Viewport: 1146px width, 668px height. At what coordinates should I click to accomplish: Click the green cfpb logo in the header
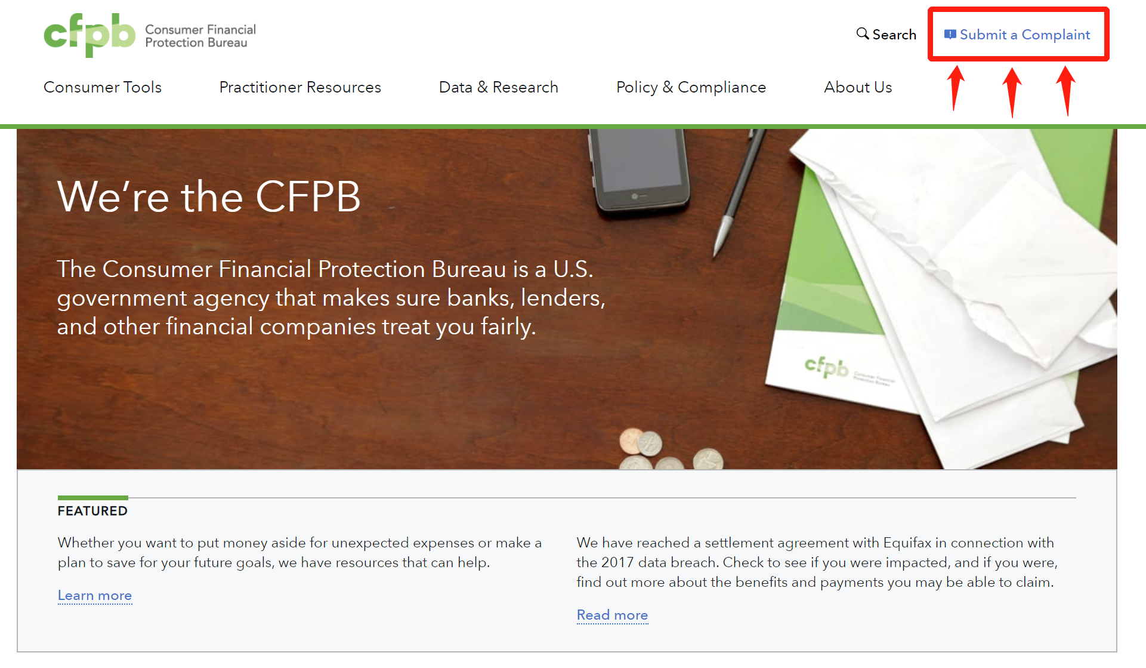[89, 35]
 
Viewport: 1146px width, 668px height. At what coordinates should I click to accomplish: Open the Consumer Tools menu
[103, 87]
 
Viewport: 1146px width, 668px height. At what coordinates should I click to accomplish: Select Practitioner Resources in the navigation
[300, 87]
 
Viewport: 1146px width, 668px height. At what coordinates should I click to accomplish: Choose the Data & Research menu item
[499, 87]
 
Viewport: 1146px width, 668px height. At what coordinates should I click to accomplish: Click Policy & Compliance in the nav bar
[691, 87]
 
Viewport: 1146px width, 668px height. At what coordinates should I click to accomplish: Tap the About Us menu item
[858, 87]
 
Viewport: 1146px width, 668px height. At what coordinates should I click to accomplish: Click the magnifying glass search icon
[863, 33]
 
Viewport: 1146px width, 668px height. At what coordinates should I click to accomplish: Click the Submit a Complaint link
[1025, 35]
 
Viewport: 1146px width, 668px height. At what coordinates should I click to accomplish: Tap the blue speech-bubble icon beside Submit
[950, 35]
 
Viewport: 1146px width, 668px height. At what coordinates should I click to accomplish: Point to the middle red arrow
[1012, 93]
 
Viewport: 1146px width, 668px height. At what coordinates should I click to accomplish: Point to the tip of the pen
[715, 258]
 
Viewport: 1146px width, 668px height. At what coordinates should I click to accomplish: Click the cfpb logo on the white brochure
[826, 366]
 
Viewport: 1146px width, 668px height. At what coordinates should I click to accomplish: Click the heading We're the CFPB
[209, 196]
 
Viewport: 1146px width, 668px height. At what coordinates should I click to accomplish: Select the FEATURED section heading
[92, 511]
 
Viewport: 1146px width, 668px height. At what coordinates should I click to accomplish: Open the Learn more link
[95, 595]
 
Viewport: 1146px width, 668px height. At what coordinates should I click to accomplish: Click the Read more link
[612, 615]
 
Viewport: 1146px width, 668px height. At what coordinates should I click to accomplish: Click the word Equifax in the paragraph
[907, 543]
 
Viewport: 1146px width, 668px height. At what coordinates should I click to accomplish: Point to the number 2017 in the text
[617, 562]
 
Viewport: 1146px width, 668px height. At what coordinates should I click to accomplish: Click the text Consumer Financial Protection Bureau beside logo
[200, 36]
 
